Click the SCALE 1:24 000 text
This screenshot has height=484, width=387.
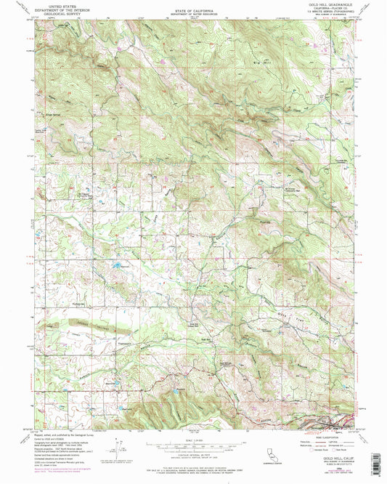pos(194,440)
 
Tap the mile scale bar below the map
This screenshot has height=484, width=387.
pos(194,445)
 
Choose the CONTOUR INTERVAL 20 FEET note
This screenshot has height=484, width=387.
pos(194,459)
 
